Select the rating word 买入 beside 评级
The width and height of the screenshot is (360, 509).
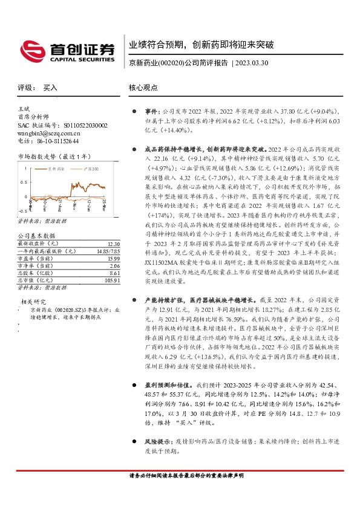coord(50,88)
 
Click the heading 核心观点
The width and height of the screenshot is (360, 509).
coord(144,88)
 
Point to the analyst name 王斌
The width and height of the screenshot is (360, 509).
coord(24,108)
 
